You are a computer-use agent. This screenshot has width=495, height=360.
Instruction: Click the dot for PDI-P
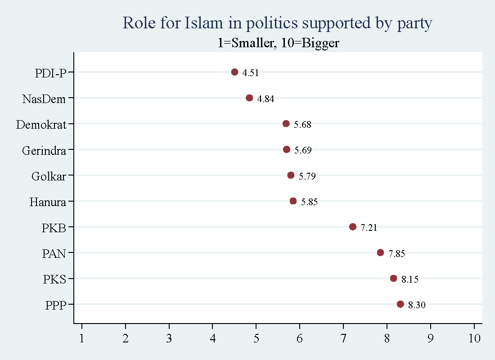(234, 72)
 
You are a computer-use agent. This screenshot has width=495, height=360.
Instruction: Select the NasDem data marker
(249, 98)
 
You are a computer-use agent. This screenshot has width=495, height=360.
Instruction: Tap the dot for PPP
(400, 304)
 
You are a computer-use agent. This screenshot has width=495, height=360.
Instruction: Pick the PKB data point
(352, 227)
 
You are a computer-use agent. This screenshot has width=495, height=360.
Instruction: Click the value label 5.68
(302, 125)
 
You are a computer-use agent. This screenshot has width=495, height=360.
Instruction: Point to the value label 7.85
(397, 254)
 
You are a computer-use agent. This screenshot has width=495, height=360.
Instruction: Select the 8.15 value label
(410, 279)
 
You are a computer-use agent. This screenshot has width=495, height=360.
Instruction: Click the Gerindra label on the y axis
(44, 150)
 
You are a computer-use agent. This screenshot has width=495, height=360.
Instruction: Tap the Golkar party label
(49, 176)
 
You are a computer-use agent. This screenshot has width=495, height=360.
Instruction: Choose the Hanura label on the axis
(48, 202)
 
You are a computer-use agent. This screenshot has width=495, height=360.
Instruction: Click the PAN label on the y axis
(54, 254)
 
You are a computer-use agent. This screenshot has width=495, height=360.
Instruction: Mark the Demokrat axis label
(41, 125)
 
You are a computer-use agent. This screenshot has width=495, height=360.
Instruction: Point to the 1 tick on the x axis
(81, 337)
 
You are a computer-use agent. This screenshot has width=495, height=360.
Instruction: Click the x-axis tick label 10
(474, 337)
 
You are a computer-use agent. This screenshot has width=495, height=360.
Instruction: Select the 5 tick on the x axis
(256, 337)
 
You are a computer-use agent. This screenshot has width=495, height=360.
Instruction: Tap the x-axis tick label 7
(343, 337)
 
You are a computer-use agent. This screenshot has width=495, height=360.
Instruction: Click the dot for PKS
(393, 279)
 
